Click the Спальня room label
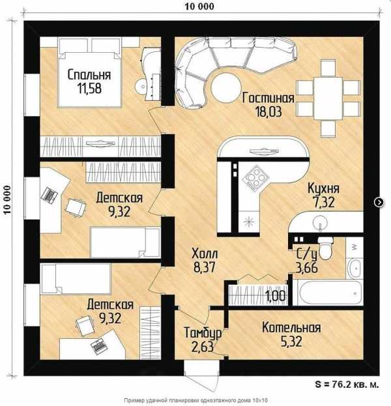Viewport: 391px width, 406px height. tap(89, 75)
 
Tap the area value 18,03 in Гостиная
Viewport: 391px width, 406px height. tap(268, 112)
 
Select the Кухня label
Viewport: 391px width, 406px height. tap(323, 188)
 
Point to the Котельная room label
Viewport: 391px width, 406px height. tap(291, 328)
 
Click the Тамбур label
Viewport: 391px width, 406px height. tap(203, 333)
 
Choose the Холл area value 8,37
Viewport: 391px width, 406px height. tap(205, 267)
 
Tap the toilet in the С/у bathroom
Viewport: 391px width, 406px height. tap(325, 249)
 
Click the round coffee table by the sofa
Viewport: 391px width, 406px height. tap(226, 87)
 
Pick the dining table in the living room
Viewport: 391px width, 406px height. tap(328, 98)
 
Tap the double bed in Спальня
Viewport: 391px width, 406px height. tap(90, 73)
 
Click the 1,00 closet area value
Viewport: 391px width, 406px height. tap(276, 296)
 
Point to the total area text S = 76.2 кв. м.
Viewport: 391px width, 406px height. tap(347, 384)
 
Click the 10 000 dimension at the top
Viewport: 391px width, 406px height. tap(199, 7)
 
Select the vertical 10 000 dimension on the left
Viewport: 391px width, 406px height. tap(8, 199)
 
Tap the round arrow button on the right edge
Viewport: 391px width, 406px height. tap(379, 202)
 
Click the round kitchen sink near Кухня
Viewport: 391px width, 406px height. tap(320, 222)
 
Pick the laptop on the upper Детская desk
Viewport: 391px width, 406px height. tap(50, 195)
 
